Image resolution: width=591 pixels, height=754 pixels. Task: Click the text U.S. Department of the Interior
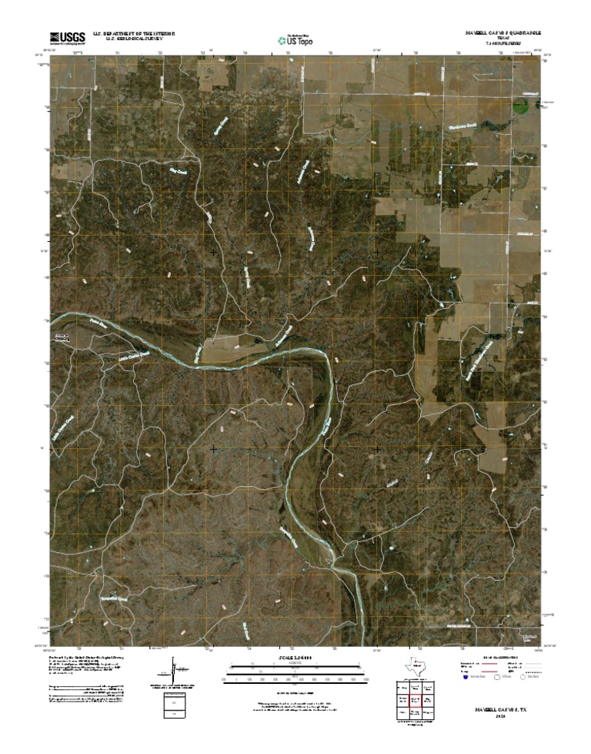pyautogui.click(x=135, y=34)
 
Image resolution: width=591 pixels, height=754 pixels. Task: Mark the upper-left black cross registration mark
pyautogui.click(x=213, y=252)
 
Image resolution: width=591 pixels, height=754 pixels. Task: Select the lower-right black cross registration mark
pyautogui.click(x=377, y=448)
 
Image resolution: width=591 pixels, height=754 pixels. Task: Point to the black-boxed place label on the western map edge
pyautogui.click(x=60, y=338)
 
